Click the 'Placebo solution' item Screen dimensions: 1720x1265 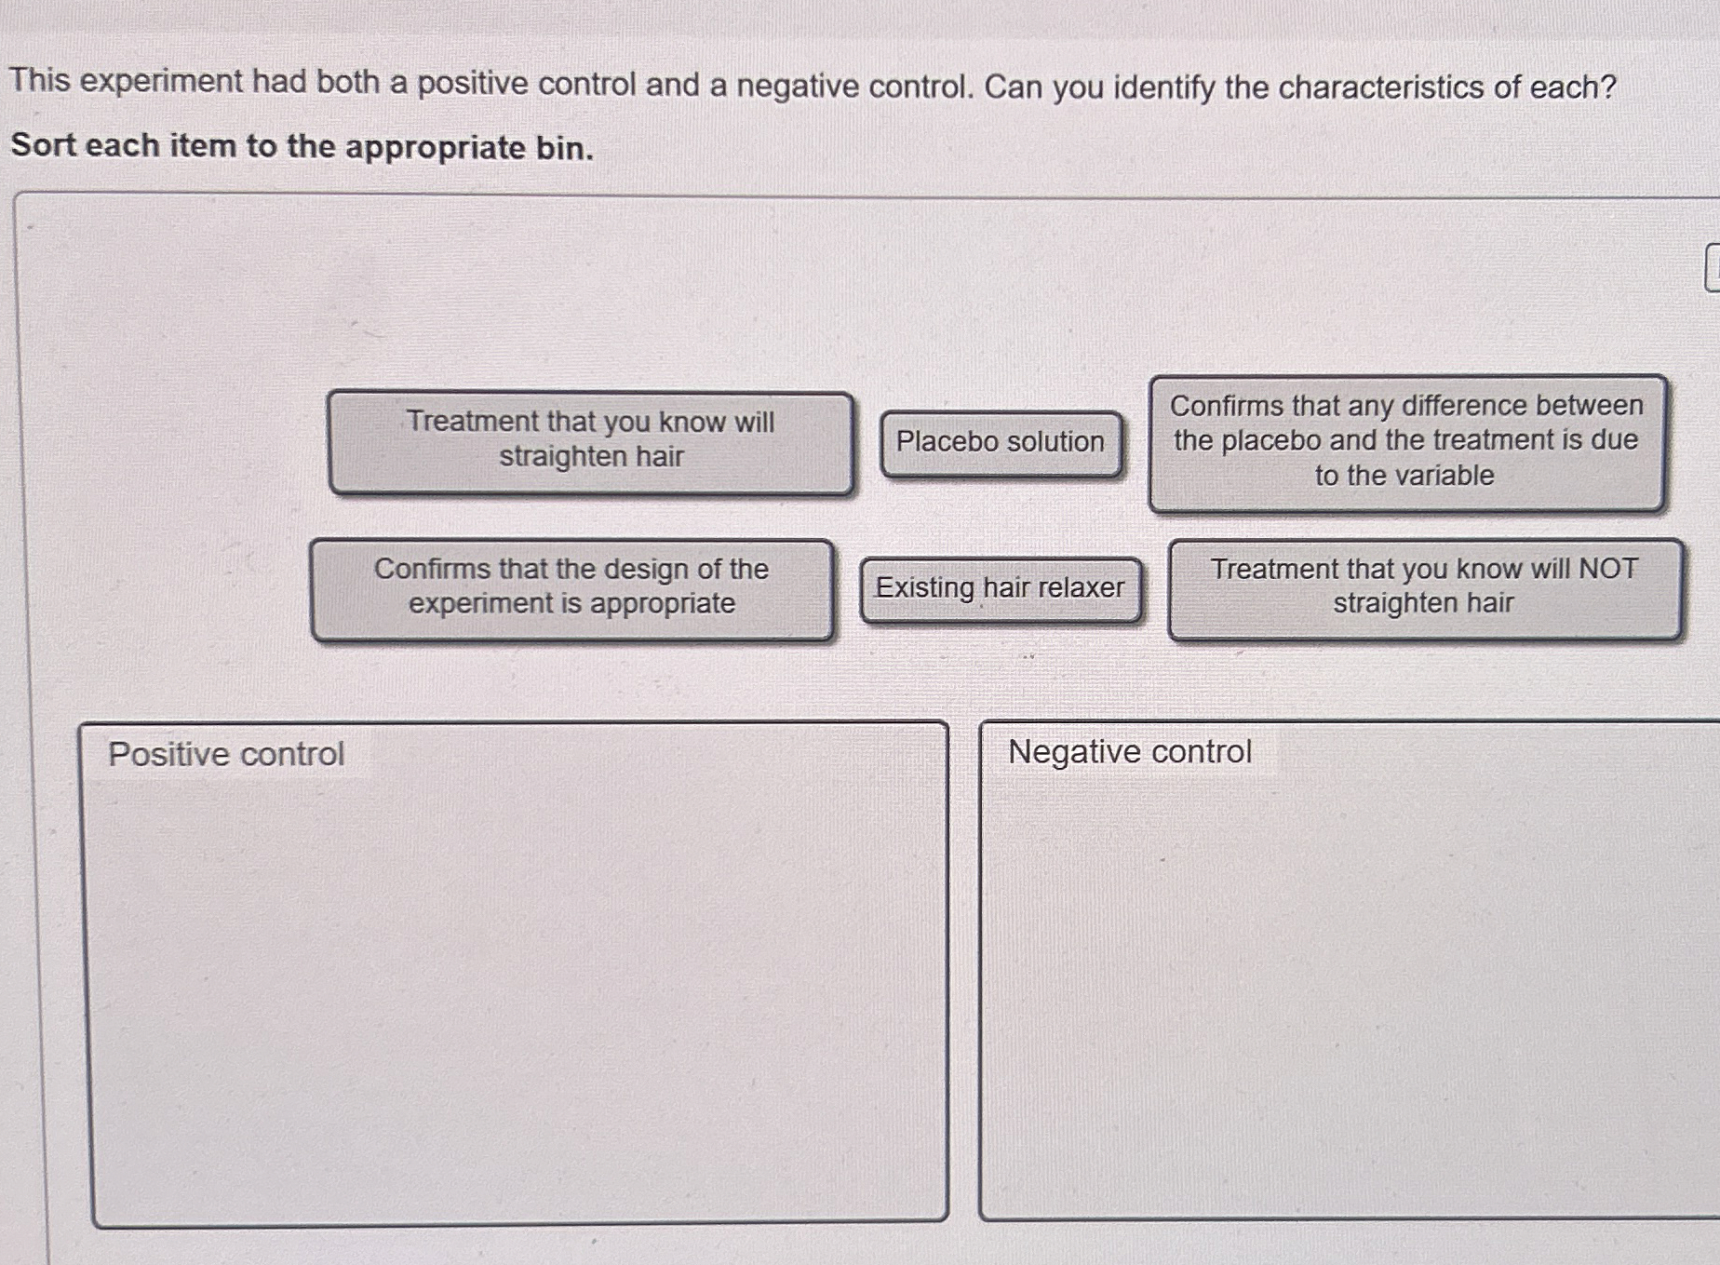1001,444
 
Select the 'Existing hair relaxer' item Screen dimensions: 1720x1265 1001,590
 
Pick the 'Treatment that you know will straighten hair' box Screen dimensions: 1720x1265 591,442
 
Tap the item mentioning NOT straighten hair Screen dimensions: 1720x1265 1425,589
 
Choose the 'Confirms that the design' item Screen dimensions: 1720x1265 571,590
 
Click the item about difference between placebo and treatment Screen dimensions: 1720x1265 1406,443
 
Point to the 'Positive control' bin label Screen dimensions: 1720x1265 226,754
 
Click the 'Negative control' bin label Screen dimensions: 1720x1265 1130,752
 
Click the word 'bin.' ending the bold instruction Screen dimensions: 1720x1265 564,148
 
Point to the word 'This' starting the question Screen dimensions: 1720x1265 40,80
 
